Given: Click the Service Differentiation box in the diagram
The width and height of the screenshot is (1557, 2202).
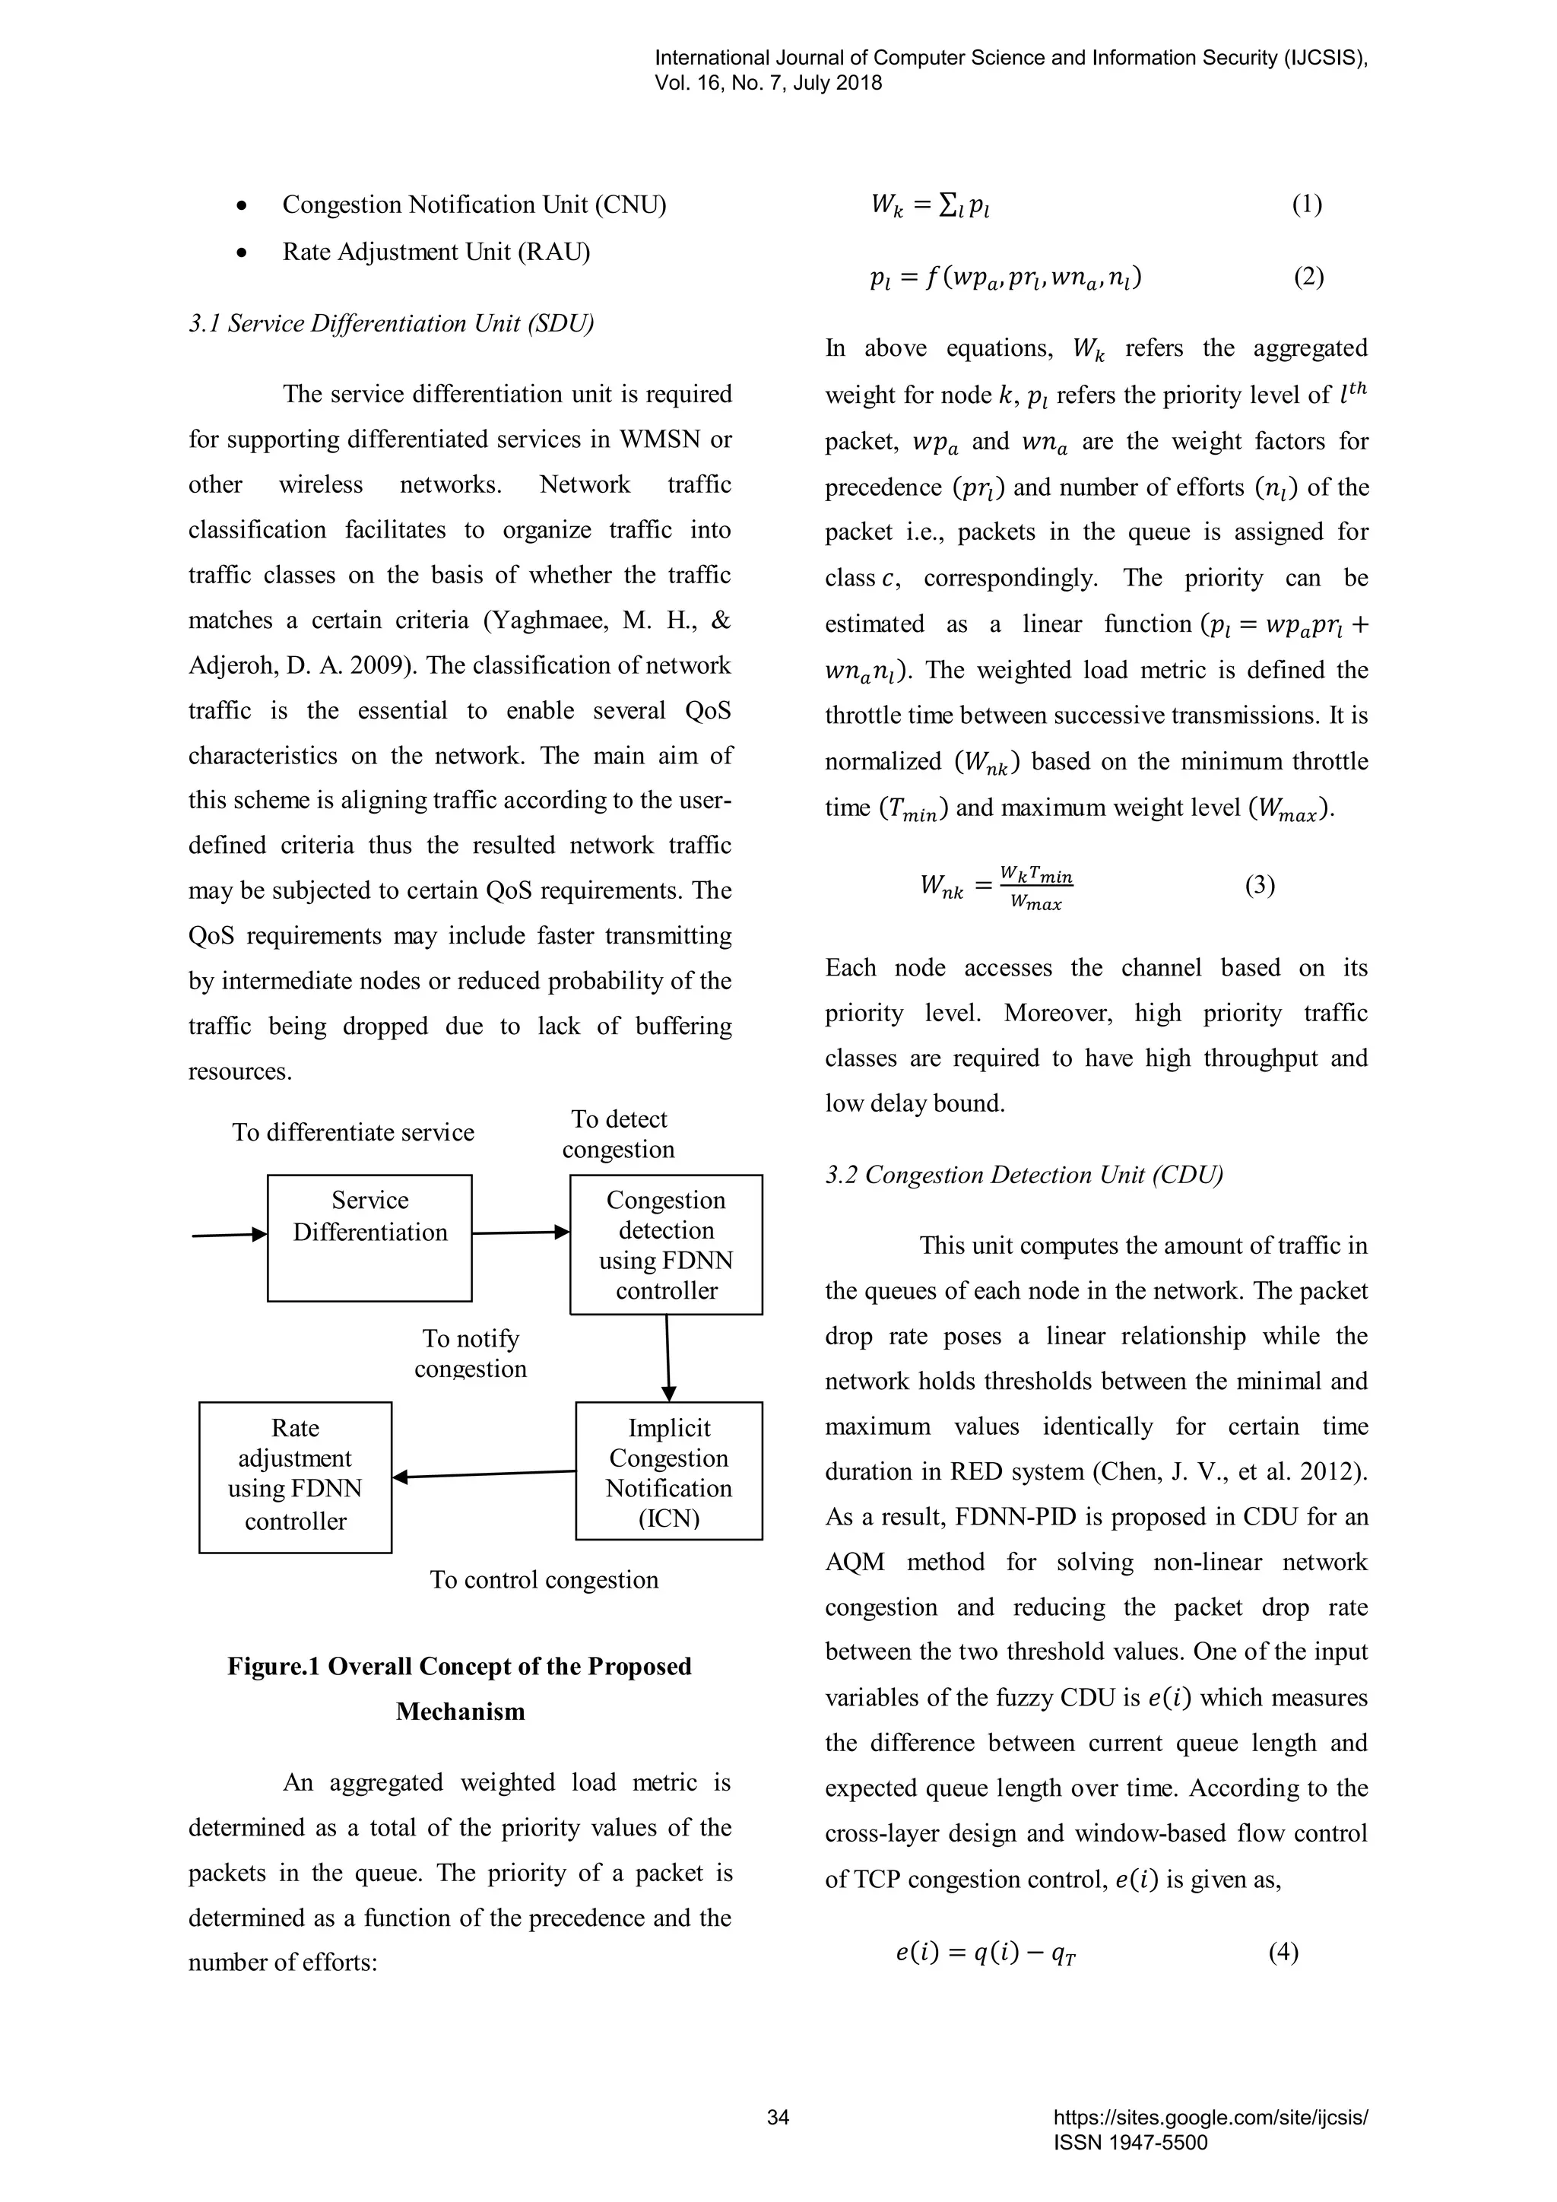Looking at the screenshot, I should click(369, 1237).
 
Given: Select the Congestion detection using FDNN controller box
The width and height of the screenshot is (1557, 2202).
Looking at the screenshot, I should click(666, 1244).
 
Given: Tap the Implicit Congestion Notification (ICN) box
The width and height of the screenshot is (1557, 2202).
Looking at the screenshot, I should click(668, 1471).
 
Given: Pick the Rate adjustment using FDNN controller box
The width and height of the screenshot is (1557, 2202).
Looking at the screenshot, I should click(295, 1477).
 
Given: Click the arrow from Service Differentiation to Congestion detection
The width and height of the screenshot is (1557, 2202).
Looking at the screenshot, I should click(521, 1233).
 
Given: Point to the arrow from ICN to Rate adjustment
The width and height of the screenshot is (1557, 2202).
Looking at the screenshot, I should click(484, 1474).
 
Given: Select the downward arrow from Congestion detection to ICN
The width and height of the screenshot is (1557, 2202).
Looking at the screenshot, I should click(668, 1357).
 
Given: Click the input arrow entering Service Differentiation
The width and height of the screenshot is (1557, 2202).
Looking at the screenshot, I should click(229, 1236).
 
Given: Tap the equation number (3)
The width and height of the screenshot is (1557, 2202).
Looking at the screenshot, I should click(1260, 884).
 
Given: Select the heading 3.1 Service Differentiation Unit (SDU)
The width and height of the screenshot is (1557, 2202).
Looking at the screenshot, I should click(392, 323).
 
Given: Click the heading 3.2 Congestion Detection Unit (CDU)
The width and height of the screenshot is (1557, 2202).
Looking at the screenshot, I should click(1024, 1175).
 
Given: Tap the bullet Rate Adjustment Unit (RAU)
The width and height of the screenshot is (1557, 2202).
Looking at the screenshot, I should click(436, 251).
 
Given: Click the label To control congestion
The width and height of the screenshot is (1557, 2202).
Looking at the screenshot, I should click(544, 1579).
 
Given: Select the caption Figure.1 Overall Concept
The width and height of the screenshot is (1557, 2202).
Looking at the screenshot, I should click(459, 1666).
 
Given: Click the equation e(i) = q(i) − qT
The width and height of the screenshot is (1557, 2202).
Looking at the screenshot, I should click(987, 1953).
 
